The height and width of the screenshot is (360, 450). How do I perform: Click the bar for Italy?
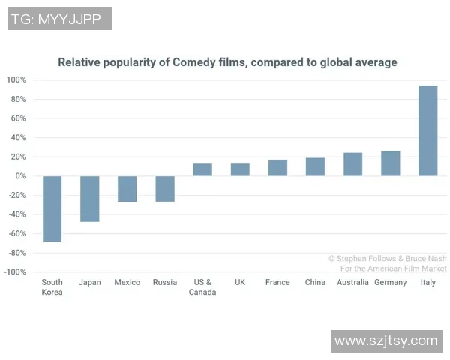[427, 130]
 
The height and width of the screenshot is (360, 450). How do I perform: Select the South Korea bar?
[52, 208]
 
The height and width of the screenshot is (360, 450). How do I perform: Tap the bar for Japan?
[90, 199]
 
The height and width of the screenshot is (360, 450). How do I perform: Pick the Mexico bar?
[127, 189]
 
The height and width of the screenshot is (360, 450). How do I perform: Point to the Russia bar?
[165, 189]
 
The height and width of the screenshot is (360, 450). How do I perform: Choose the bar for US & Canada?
[202, 169]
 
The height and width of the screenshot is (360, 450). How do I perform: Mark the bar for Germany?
[390, 163]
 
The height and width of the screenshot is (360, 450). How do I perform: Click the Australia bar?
[352, 164]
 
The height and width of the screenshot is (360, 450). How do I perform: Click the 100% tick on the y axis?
[16, 80]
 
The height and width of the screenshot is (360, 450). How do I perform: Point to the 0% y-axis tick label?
[20, 176]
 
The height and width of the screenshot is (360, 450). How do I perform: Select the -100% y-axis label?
[15, 272]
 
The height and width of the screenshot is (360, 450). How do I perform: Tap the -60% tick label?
[16, 234]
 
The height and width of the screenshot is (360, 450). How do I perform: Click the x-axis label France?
[277, 283]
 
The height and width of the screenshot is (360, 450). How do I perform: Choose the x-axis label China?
[315, 283]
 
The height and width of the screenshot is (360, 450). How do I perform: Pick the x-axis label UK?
[240, 283]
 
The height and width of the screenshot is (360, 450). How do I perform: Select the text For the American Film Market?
[393, 268]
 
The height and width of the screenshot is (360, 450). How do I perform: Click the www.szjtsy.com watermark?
[385, 340]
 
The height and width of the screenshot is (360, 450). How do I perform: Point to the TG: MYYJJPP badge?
[59, 19]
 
